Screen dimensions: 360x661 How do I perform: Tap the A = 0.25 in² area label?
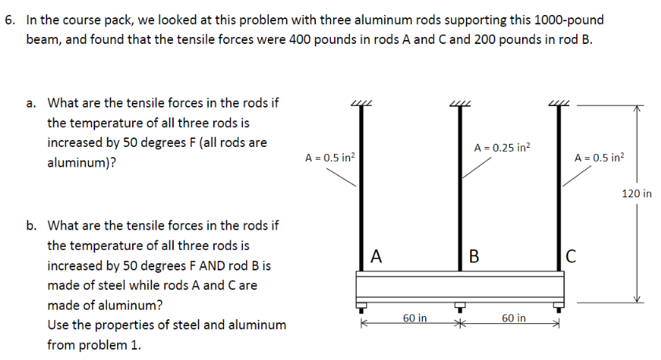pyautogui.click(x=502, y=147)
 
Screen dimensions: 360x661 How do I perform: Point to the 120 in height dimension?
pyautogui.click(x=636, y=193)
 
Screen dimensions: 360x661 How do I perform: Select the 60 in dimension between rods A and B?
pyautogui.click(x=415, y=318)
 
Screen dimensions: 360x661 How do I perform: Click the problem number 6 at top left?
pyautogui.click(x=9, y=20)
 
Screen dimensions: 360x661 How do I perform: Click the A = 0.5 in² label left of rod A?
pyautogui.click(x=330, y=158)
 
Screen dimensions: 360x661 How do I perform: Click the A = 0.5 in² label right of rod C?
pyautogui.click(x=600, y=158)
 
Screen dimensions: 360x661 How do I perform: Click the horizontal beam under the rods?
pyautogui.click(x=460, y=284)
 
